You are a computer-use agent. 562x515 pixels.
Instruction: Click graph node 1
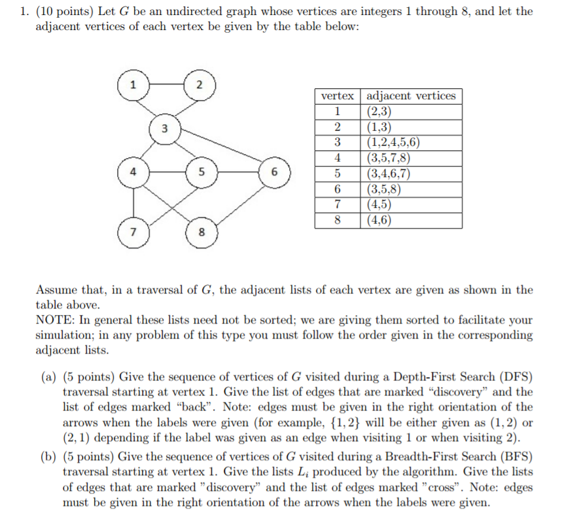click(133, 84)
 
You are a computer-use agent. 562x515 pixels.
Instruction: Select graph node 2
click(200, 84)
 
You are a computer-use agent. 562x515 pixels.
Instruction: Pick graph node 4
click(133, 173)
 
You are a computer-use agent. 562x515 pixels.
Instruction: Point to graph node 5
click(202, 173)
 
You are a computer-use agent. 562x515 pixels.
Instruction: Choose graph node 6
click(275, 173)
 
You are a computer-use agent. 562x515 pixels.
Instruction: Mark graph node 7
click(133, 232)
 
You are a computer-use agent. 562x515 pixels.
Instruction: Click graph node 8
click(202, 232)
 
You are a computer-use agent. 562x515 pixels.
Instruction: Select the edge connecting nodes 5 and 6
click(238, 173)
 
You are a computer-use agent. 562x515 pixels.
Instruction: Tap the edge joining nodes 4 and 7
click(133, 203)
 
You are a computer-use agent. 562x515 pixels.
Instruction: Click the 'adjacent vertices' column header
click(411, 96)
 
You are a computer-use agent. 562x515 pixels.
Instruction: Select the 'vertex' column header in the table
click(337, 96)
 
